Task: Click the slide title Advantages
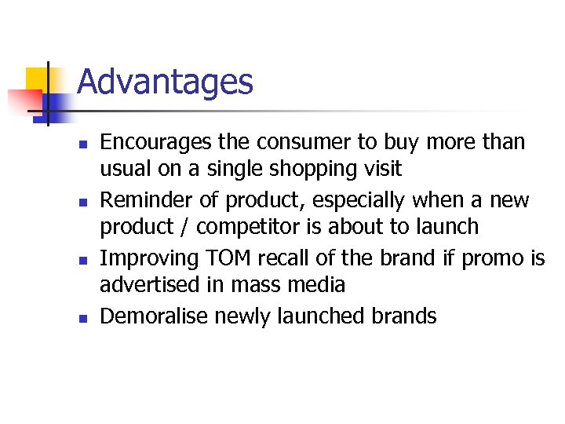[166, 82]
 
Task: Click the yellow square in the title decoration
[36, 79]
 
